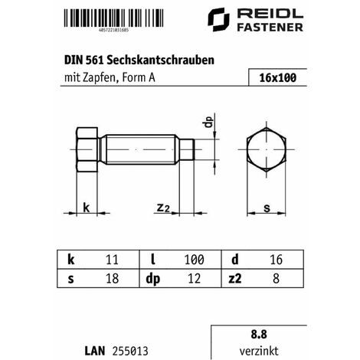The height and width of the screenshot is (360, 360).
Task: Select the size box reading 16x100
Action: [277, 78]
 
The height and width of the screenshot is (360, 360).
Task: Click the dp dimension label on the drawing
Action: [205, 123]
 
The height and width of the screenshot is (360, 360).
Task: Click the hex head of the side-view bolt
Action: [88, 152]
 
